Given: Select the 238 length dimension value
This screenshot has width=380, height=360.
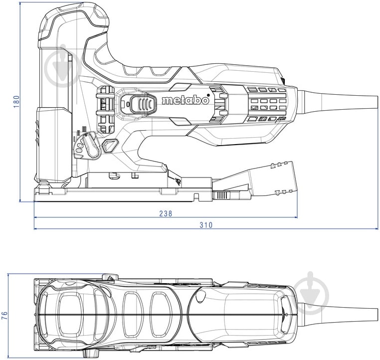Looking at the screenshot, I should coord(166,213).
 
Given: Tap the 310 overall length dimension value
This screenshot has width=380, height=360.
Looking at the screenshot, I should coord(206,225).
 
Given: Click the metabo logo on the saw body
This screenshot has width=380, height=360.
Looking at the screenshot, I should coord(186,100).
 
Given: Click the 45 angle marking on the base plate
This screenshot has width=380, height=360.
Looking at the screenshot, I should coord(177,183).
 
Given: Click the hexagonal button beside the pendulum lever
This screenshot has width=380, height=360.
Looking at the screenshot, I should coord(109,145).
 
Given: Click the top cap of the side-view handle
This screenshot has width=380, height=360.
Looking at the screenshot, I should coord(75,17).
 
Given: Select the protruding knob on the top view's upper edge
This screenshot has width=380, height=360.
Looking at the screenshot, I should coord(107,277).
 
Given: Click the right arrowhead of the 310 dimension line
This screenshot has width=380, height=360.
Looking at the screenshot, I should coord(377,229).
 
